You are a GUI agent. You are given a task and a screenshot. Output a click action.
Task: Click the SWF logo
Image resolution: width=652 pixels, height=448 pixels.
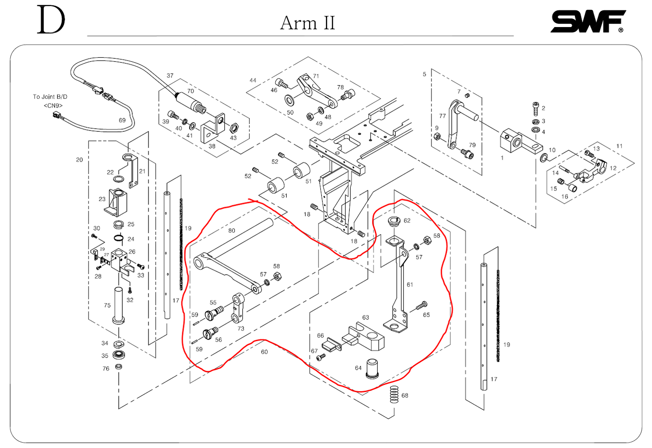588,21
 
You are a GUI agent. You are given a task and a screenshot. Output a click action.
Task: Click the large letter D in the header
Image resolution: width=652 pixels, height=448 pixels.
51,20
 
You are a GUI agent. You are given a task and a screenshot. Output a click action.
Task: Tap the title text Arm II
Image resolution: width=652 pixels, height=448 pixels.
307,23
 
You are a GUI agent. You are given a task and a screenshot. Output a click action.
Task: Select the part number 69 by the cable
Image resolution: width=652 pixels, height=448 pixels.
122,120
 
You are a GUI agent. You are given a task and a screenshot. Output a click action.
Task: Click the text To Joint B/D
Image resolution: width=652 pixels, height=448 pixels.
50,97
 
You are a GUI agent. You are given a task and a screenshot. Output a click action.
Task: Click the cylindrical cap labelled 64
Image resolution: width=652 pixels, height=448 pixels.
372,368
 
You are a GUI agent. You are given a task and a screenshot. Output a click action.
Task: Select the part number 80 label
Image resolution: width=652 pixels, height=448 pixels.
231,231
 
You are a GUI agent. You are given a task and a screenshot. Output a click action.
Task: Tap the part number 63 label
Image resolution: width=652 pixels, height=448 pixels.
365,318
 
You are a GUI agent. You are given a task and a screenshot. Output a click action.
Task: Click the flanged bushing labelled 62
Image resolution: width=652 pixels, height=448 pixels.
394,222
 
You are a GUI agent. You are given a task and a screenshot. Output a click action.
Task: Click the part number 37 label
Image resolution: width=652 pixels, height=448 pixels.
170,76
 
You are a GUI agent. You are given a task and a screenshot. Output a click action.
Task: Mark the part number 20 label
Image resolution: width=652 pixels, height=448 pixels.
79,160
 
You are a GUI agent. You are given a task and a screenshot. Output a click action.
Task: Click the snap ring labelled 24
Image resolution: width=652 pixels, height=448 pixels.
119,239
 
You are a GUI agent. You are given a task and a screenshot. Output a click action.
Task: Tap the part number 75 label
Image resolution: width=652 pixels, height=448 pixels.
107,305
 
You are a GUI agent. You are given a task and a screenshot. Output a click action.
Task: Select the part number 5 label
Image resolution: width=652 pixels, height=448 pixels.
424,74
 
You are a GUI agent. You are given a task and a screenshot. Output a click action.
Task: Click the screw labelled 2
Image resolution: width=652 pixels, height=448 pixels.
536,108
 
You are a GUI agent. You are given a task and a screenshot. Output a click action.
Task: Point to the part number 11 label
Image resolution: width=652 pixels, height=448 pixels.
620,146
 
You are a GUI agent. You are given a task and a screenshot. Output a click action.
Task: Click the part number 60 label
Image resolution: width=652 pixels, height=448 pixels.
264,352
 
